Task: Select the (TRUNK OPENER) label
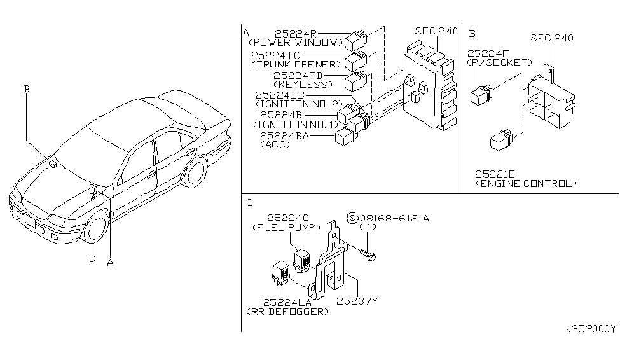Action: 297,65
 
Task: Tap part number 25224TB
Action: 298,75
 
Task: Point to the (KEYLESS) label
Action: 302,84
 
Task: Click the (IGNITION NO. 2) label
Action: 298,104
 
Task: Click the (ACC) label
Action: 272,145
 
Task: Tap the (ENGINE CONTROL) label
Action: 526,183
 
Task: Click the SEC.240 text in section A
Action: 436,31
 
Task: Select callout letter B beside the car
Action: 26,90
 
